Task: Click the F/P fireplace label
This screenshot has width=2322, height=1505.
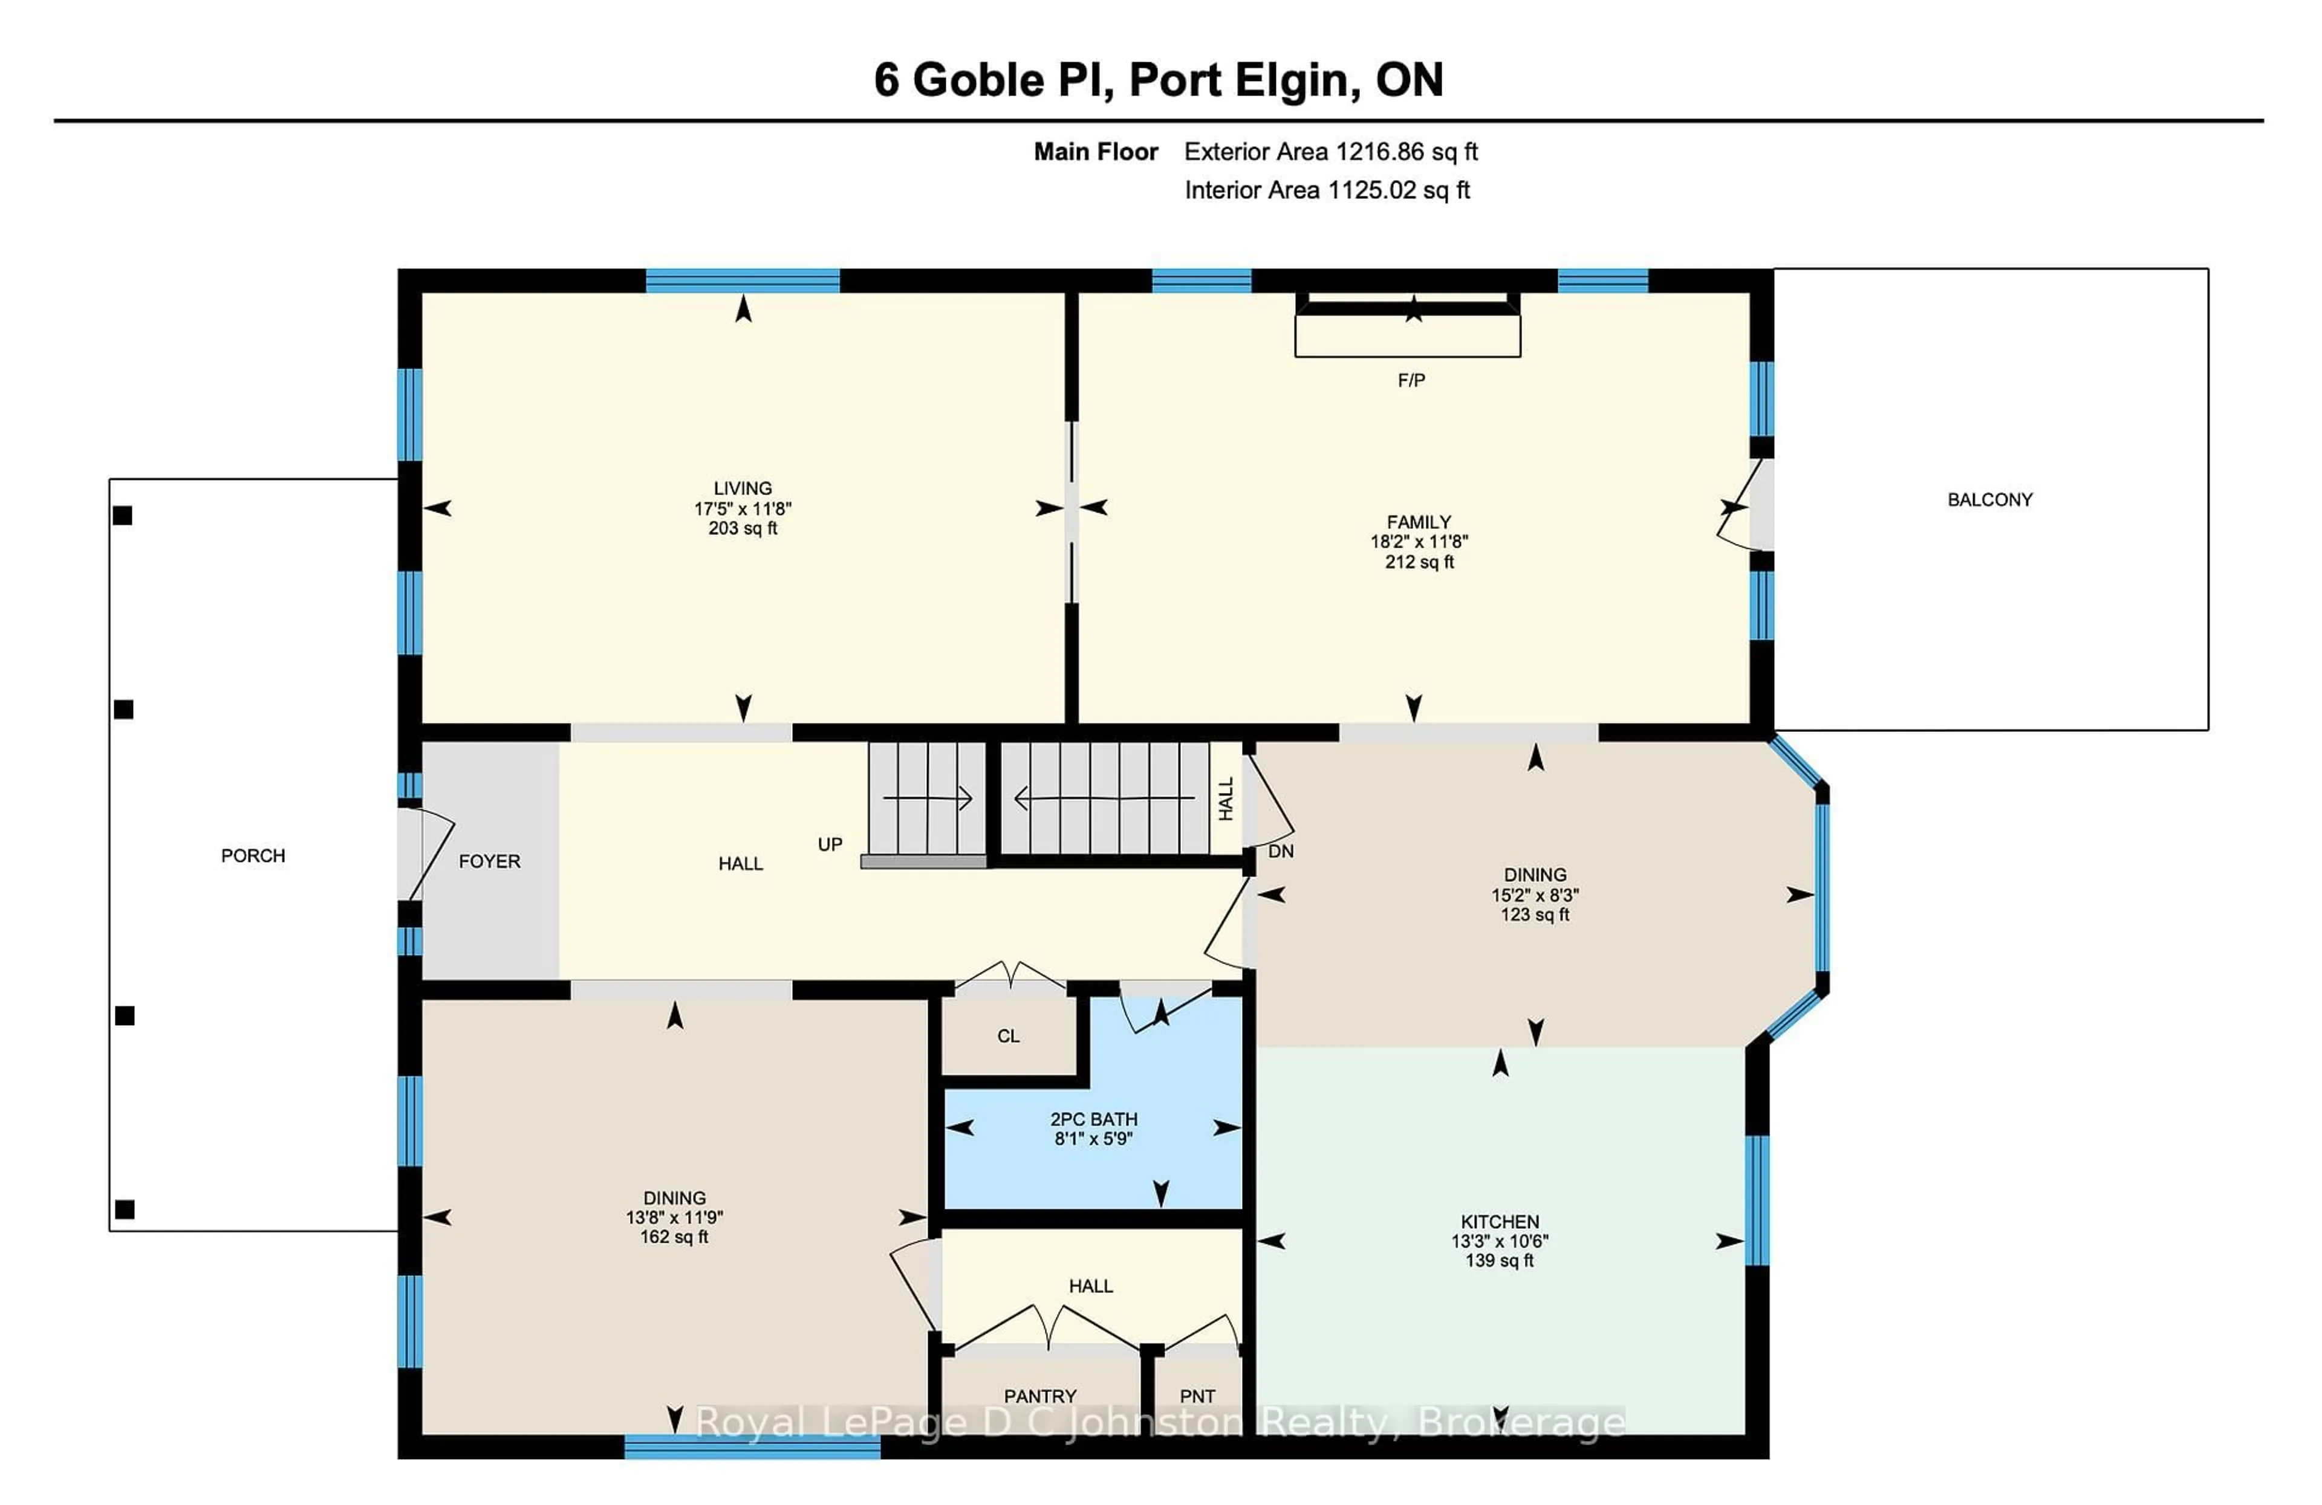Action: click(x=1411, y=380)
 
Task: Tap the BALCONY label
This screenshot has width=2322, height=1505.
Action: click(x=1989, y=499)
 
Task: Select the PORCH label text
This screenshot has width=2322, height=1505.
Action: click(x=253, y=855)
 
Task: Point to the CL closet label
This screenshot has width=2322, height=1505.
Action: click(x=1008, y=1036)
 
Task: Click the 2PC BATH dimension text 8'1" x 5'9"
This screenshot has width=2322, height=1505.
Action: click(x=1093, y=1138)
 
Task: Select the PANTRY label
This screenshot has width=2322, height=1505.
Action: click(x=1040, y=1396)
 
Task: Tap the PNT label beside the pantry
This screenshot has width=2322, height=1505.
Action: click(x=1197, y=1396)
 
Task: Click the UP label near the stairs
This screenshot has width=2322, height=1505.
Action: click(x=829, y=844)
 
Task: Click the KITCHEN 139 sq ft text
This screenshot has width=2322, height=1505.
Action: click(x=1500, y=1260)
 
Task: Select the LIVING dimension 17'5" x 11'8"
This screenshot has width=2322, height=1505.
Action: click(x=743, y=508)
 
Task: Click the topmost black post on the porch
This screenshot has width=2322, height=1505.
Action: click(x=123, y=515)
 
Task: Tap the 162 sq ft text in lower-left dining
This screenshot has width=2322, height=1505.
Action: click(x=674, y=1237)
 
